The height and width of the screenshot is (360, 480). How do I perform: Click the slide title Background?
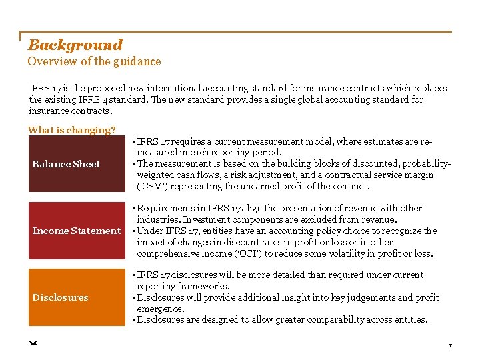[x=75, y=45]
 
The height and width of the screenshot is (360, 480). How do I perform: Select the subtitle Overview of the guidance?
[x=94, y=61]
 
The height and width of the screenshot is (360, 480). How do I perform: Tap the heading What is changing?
[x=71, y=130]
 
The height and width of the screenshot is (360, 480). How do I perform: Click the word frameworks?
[x=201, y=286]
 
